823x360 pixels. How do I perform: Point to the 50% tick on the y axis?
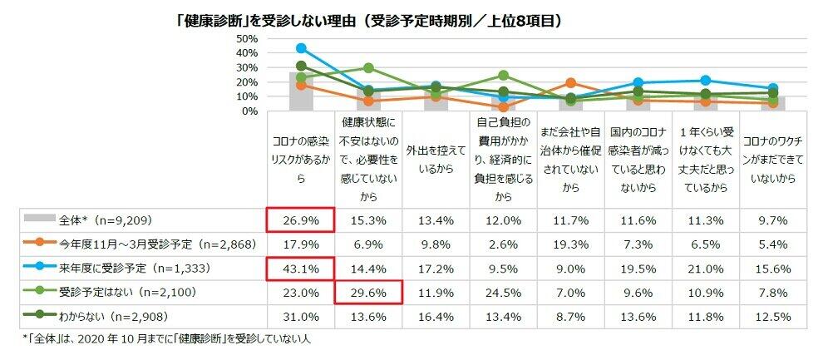tap(247, 39)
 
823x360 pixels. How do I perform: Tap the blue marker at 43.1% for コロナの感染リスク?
tap(300, 48)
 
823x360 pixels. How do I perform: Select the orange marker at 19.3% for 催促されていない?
tap(570, 83)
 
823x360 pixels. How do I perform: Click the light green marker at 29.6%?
tap(367, 68)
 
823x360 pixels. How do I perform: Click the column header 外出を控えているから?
tap(435, 158)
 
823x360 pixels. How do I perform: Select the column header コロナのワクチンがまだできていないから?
tap(772, 158)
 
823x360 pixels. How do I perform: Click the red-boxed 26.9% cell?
tap(300, 220)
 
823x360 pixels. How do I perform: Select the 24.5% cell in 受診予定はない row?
tap(502, 293)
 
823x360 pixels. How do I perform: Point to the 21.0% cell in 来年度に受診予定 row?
tap(705, 269)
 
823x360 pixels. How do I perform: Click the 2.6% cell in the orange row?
tap(502, 244)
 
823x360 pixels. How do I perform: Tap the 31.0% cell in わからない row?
tap(300, 317)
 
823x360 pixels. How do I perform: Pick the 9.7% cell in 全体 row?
tap(772, 220)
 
